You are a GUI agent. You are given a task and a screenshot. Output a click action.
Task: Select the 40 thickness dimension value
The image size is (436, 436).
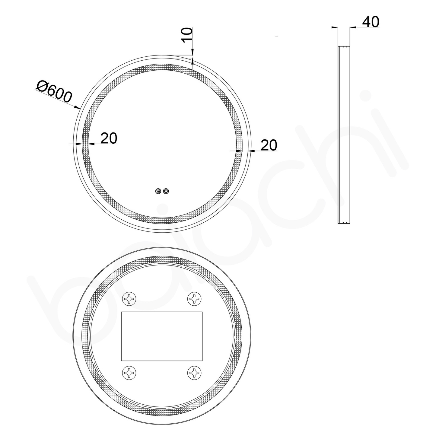(x=371, y=22)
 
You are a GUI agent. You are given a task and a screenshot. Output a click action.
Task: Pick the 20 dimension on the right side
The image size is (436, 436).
(x=269, y=145)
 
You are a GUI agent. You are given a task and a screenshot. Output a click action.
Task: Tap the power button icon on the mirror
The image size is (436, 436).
(x=166, y=191)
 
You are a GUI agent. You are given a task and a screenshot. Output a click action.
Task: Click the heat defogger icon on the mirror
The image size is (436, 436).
(x=158, y=191)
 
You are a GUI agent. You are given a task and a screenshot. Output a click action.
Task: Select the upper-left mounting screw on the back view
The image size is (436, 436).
(x=129, y=299)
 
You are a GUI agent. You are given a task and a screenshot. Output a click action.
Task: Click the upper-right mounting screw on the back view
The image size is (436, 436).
(x=194, y=299)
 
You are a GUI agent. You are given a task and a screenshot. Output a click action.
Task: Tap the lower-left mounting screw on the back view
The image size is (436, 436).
(x=129, y=373)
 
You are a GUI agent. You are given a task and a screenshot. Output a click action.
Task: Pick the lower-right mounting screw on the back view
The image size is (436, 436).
(x=194, y=373)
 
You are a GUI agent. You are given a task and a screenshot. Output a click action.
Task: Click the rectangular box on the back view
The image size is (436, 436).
(x=162, y=336)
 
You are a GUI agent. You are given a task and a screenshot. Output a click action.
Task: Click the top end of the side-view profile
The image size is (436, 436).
(x=344, y=47)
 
